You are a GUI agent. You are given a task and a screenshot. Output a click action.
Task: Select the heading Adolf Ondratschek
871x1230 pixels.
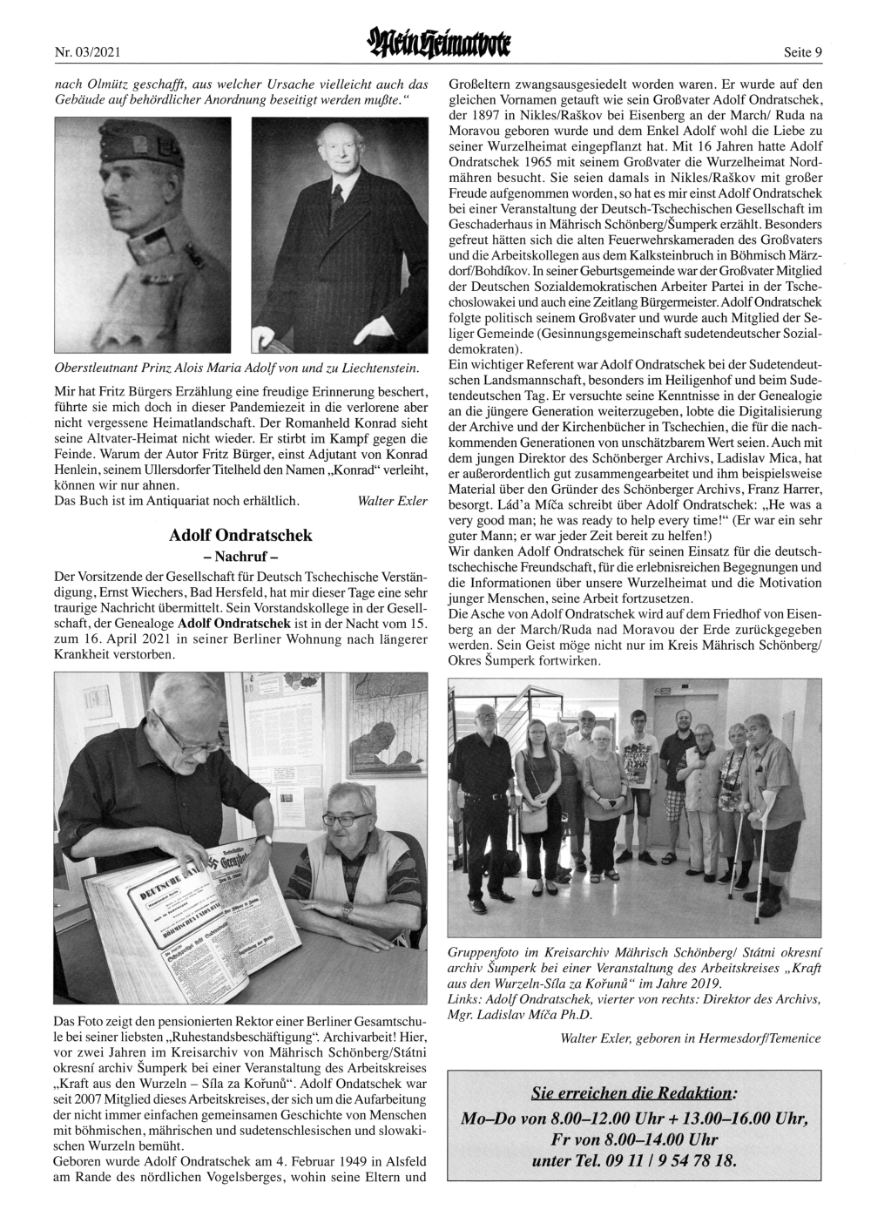(x=240, y=535)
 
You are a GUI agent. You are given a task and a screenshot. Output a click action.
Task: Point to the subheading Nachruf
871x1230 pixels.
(x=240, y=556)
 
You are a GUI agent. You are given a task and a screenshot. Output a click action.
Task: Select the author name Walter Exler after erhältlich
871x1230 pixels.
(x=393, y=501)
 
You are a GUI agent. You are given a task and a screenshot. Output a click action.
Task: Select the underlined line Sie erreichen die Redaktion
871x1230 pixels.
(x=632, y=1093)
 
